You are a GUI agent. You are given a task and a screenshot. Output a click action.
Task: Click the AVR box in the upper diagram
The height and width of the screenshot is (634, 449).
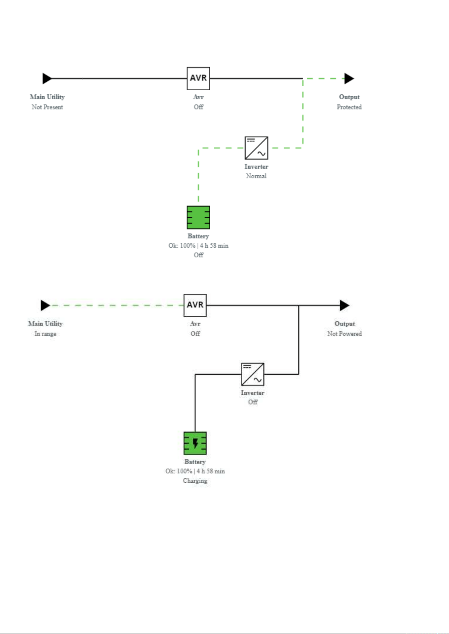pos(198,78)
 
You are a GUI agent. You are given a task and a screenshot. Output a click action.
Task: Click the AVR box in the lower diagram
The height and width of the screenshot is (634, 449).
pos(195,305)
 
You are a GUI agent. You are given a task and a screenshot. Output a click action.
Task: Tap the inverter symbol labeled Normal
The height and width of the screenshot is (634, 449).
pos(257,148)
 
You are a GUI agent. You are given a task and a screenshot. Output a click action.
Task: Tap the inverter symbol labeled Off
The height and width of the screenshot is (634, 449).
pos(253,374)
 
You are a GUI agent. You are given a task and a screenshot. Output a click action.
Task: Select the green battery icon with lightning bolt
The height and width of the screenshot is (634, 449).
pos(195,443)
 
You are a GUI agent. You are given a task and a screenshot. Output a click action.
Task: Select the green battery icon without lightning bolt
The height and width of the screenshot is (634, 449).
pos(198,217)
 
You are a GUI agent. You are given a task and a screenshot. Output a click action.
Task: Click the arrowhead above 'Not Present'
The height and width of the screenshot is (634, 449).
pos(47,78)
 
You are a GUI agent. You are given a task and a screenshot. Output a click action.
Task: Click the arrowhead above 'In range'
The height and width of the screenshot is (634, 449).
pos(45,306)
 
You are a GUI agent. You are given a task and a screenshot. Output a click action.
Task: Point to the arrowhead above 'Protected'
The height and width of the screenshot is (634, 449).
pos(349,78)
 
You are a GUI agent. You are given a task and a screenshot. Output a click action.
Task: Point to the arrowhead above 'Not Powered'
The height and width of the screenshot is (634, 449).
pos(345,306)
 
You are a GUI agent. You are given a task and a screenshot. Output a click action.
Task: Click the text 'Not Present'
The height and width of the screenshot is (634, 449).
pos(47,107)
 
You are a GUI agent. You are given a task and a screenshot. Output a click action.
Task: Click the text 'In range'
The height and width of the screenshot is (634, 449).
pos(45,334)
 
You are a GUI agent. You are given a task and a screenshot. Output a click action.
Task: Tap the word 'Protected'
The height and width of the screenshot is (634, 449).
pos(349,107)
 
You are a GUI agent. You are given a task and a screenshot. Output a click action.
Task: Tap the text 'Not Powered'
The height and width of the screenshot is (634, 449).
pos(345,334)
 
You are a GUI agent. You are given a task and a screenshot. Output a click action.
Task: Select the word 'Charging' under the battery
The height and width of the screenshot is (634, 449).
pos(195,480)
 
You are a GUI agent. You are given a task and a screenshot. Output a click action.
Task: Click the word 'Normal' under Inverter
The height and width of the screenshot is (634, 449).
pos(257,176)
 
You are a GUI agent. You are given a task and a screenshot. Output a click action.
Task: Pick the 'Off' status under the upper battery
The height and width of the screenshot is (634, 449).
pos(199,255)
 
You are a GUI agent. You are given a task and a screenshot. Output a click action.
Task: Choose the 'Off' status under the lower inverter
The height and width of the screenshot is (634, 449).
pos(253,402)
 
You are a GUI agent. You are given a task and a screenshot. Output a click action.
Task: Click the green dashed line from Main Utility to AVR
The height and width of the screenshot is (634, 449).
pos(117,306)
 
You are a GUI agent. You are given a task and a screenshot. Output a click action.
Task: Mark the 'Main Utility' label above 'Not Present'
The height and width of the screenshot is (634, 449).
pos(47,97)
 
